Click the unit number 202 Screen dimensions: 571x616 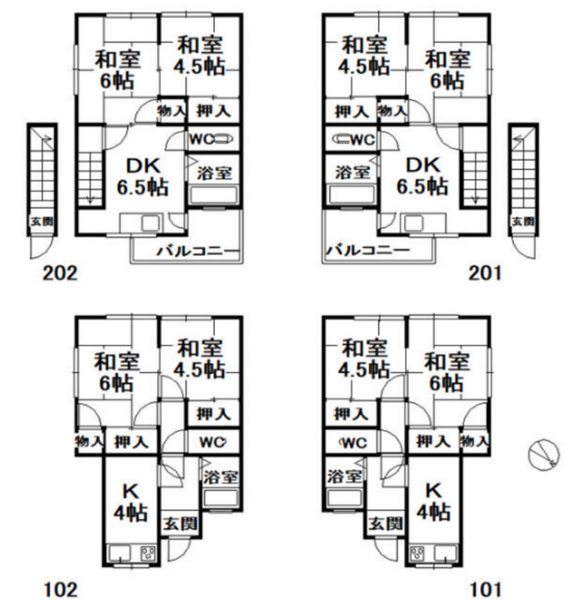[60, 273]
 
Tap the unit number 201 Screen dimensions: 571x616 [485, 273]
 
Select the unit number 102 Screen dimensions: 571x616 [60, 590]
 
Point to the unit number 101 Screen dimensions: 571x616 [485, 590]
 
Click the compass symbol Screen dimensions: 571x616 [543, 453]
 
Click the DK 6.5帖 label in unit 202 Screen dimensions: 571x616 [143, 177]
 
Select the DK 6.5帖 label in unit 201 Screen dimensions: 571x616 [423, 177]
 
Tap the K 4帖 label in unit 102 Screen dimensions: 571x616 [130, 502]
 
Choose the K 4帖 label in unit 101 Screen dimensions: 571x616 [433, 501]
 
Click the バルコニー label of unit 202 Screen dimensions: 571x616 [199, 251]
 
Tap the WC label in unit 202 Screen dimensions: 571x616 [202, 139]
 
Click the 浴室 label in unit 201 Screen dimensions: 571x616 [353, 172]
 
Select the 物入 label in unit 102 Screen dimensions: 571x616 [89, 442]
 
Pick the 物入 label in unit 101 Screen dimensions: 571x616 [474, 442]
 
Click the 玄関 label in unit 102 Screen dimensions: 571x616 [180, 524]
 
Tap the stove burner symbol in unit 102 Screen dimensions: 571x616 [148, 554]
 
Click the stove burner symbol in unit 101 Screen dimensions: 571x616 [418, 554]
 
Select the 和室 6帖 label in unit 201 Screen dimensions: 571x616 [447, 70]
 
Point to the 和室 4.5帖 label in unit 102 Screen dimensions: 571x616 [200, 359]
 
